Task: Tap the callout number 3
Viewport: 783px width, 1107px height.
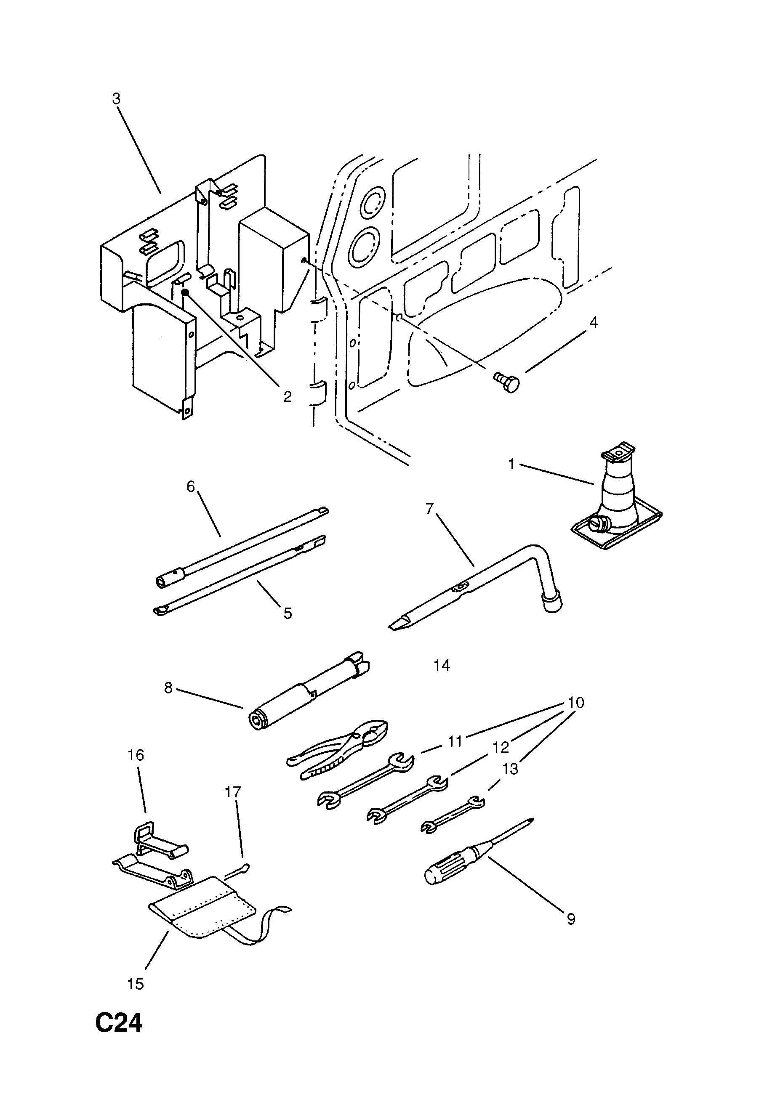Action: point(116,99)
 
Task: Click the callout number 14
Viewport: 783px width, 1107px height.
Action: point(442,665)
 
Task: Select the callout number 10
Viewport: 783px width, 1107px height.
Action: point(575,703)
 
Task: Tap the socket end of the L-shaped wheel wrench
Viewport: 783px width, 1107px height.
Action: point(552,604)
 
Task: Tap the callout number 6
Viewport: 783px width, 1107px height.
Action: point(191,486)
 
